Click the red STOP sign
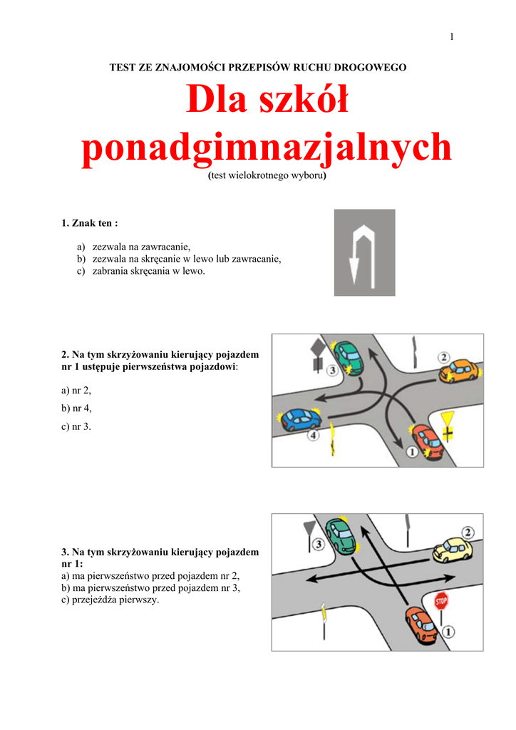pos(441,600)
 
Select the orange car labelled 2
pos(458,371)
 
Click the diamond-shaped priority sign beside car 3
pos(316,350)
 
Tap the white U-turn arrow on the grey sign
pos(364,252)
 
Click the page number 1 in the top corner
pos(451,37)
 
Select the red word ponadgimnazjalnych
pos(267,148)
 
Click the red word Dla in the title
pos(214,100)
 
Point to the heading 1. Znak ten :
pos(89,223)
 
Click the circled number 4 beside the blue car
pos(312,434)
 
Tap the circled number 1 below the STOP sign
pos(448,631)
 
